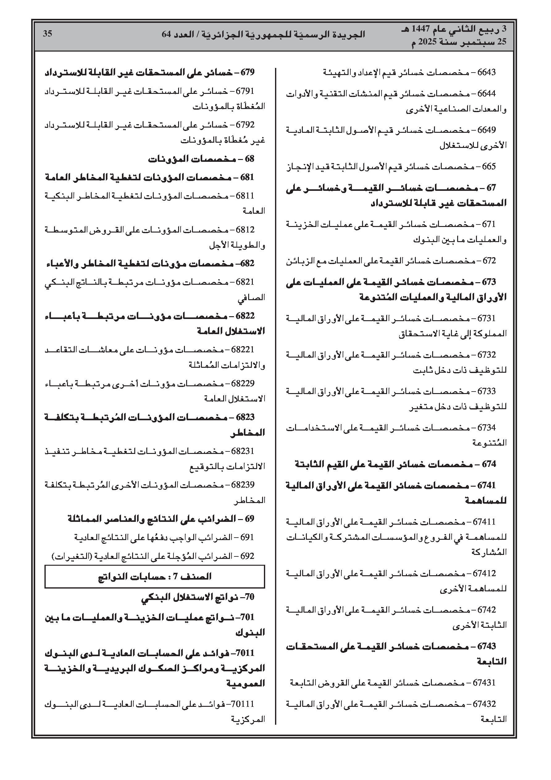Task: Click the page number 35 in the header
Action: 48,34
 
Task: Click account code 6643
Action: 486,72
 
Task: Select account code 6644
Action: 486,94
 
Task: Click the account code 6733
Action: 486,391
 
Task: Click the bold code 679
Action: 247,72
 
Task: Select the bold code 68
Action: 250,159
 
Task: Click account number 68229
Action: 243,383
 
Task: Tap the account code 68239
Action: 243,484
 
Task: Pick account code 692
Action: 247,556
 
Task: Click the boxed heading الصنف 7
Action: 155,577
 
